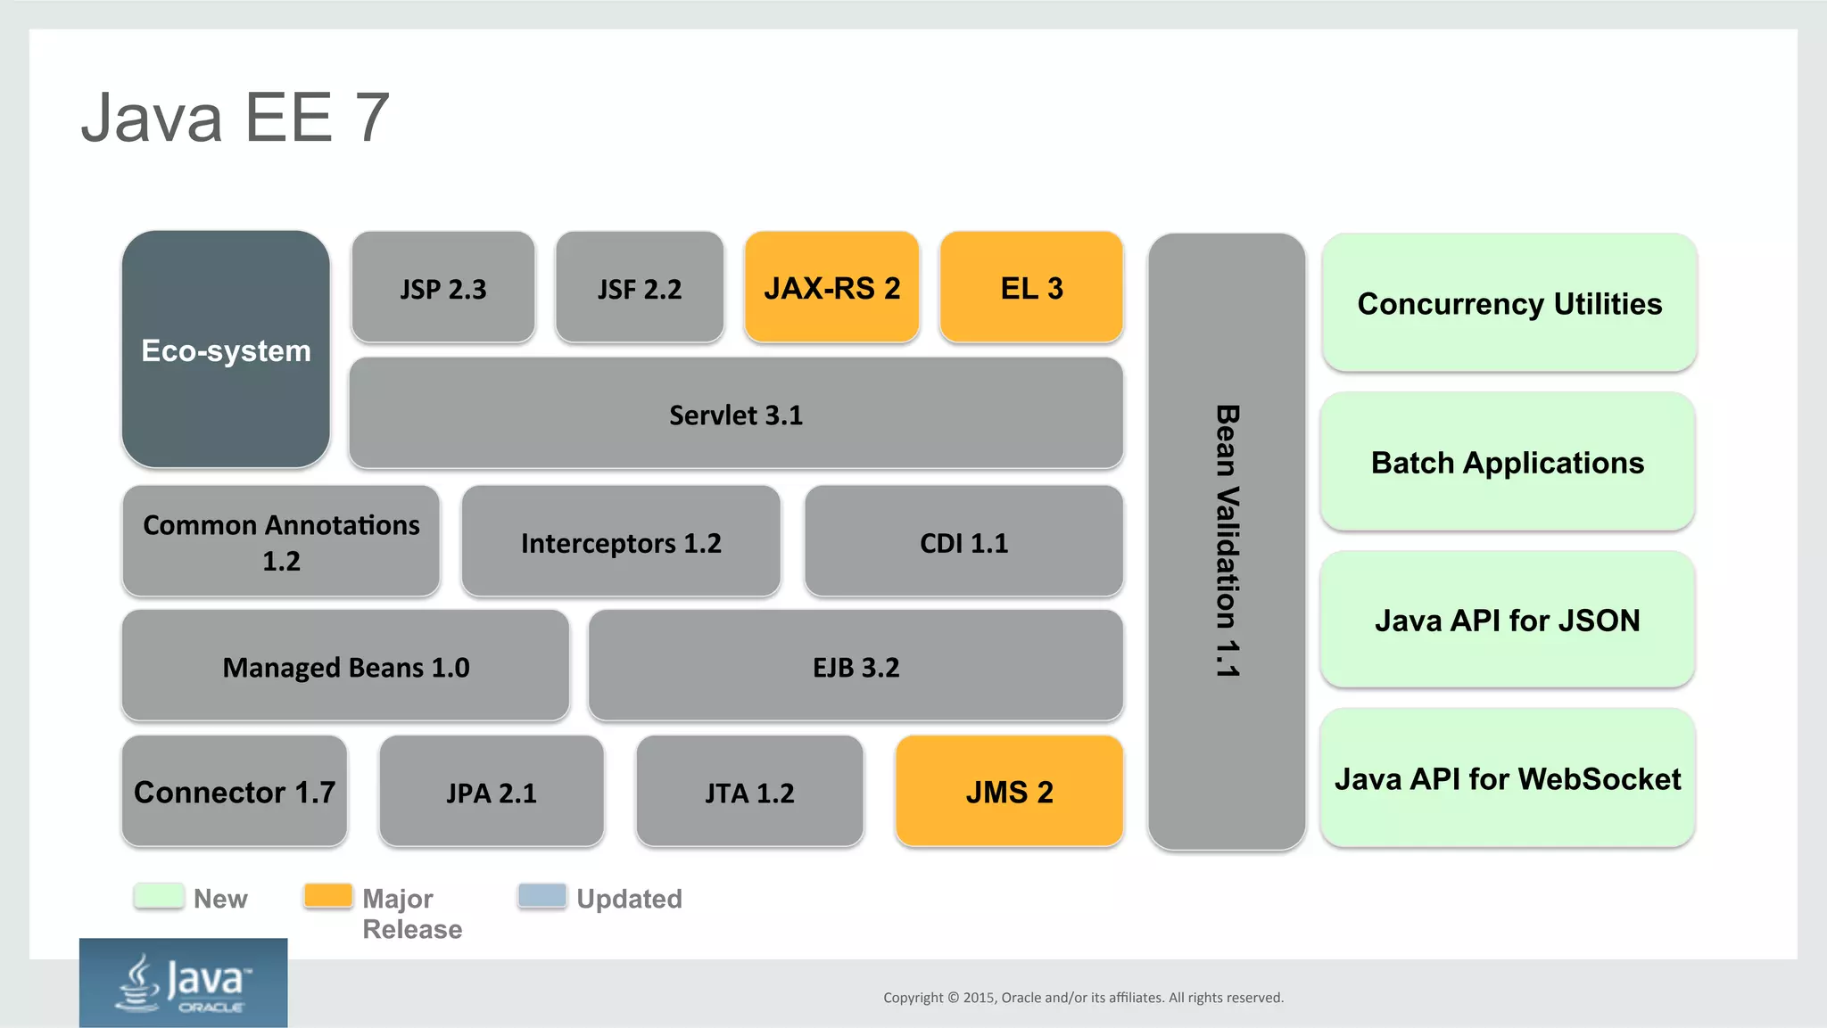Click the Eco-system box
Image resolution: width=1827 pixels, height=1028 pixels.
click(226, 350)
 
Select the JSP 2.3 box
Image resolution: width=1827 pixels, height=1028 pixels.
click(443, 288)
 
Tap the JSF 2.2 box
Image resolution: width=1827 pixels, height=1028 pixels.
click(639, 288)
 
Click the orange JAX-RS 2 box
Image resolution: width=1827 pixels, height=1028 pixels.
click(831, 287)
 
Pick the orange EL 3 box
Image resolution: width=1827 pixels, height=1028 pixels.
click(1031, 287)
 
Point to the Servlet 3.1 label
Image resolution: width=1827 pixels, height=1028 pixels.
click(736, 415)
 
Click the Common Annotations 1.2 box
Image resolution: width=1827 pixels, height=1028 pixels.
click(281, 541)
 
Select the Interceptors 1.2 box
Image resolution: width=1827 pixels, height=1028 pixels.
click(621, 542)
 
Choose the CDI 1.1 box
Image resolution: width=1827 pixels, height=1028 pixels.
click(963, 542)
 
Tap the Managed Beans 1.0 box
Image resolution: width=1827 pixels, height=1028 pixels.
click(345, 667)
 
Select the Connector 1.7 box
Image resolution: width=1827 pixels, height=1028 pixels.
click(235, 792)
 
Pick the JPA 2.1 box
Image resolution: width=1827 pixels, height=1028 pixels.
click(492, 792)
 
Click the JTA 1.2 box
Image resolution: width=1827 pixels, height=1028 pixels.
click(749, 792)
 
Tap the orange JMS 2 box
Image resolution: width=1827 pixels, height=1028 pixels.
click(1009, 792)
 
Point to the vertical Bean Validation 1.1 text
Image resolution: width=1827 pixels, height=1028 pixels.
click(1228, 541)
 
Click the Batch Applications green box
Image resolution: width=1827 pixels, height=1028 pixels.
click(1507, 462)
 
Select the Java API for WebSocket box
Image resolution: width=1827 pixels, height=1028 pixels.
click(1507, 778)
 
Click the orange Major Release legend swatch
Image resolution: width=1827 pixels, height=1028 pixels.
click(328, 896)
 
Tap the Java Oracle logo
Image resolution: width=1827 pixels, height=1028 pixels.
click(184, 983)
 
